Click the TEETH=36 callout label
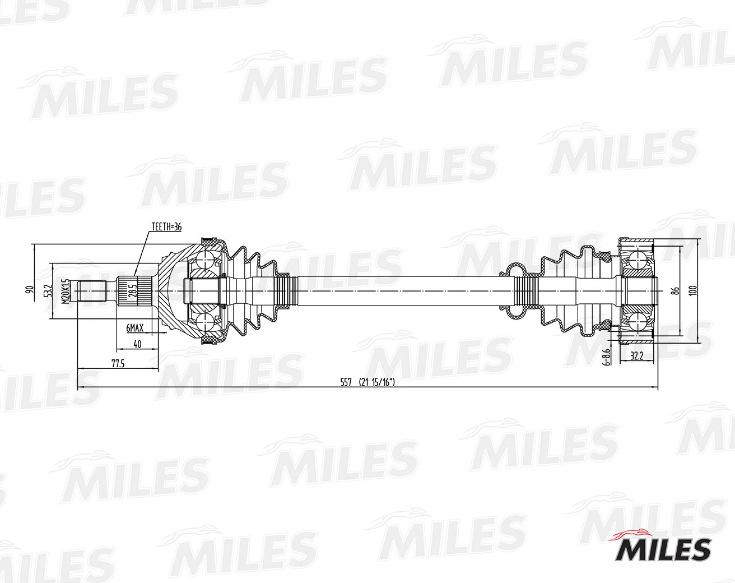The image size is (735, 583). click(167, 226)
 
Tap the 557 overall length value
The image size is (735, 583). click(346, 382)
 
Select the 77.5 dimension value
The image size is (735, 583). click(118, 364)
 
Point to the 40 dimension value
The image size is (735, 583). click(137, 344)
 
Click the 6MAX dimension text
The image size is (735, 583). click(135, 328)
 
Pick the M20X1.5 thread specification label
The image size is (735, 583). click(66, 290)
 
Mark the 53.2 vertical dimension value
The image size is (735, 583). click(49, 291)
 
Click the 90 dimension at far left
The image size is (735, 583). click(30, 290)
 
